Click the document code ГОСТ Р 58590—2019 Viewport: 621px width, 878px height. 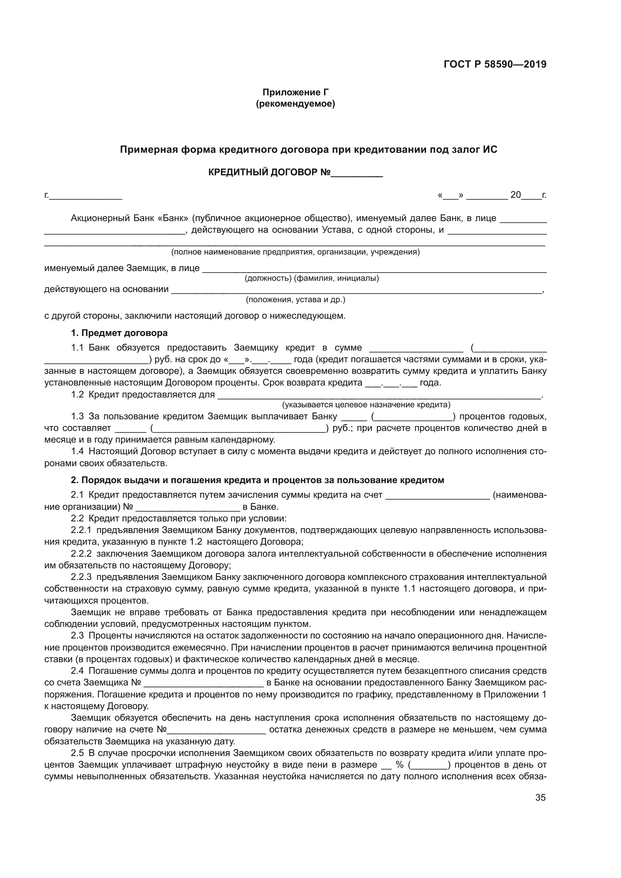point(495,64)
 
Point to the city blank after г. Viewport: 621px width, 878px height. point(86,197)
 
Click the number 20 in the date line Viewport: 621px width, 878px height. point(515,195)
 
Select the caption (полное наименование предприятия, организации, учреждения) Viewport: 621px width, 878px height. point(295,252)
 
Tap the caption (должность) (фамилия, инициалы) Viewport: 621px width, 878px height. point(312,279)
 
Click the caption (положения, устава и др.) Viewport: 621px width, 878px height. point(295,300)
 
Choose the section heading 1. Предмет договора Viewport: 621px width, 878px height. point(119,333)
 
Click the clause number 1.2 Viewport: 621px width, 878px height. point(77,395)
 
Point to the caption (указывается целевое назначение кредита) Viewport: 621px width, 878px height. point(366,405)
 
